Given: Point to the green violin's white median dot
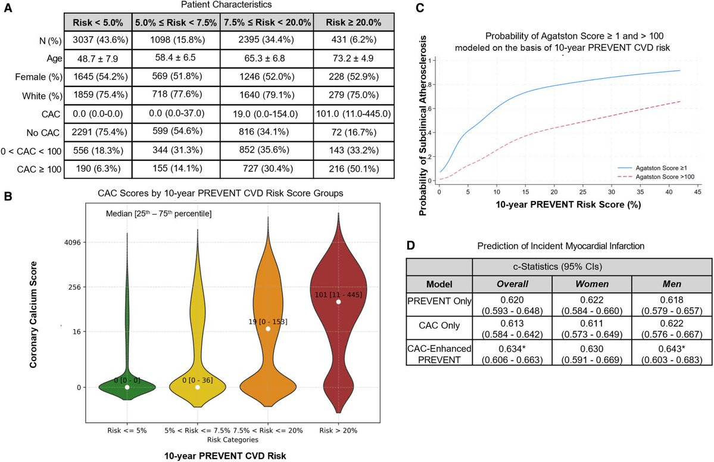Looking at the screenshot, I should pyautogui.click(x=127, y=387).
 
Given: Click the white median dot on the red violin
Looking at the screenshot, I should pyautogui.click(x=338, y=302).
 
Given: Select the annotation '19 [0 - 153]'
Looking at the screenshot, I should pyautogui.click(x=267, y=322).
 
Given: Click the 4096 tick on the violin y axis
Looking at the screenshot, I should pyautogui.click(x=76, y=243).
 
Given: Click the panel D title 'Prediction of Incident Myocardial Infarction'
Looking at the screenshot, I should pyautogui.click(x=560, y=246).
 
